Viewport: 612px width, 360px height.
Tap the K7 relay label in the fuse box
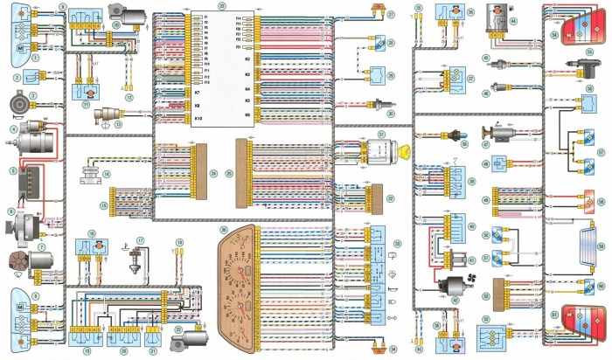click(172, 92)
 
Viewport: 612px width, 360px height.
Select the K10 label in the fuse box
click(173, 117)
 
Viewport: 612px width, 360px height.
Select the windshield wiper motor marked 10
click(120, 15)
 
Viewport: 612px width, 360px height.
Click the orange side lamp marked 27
click(379, 10)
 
